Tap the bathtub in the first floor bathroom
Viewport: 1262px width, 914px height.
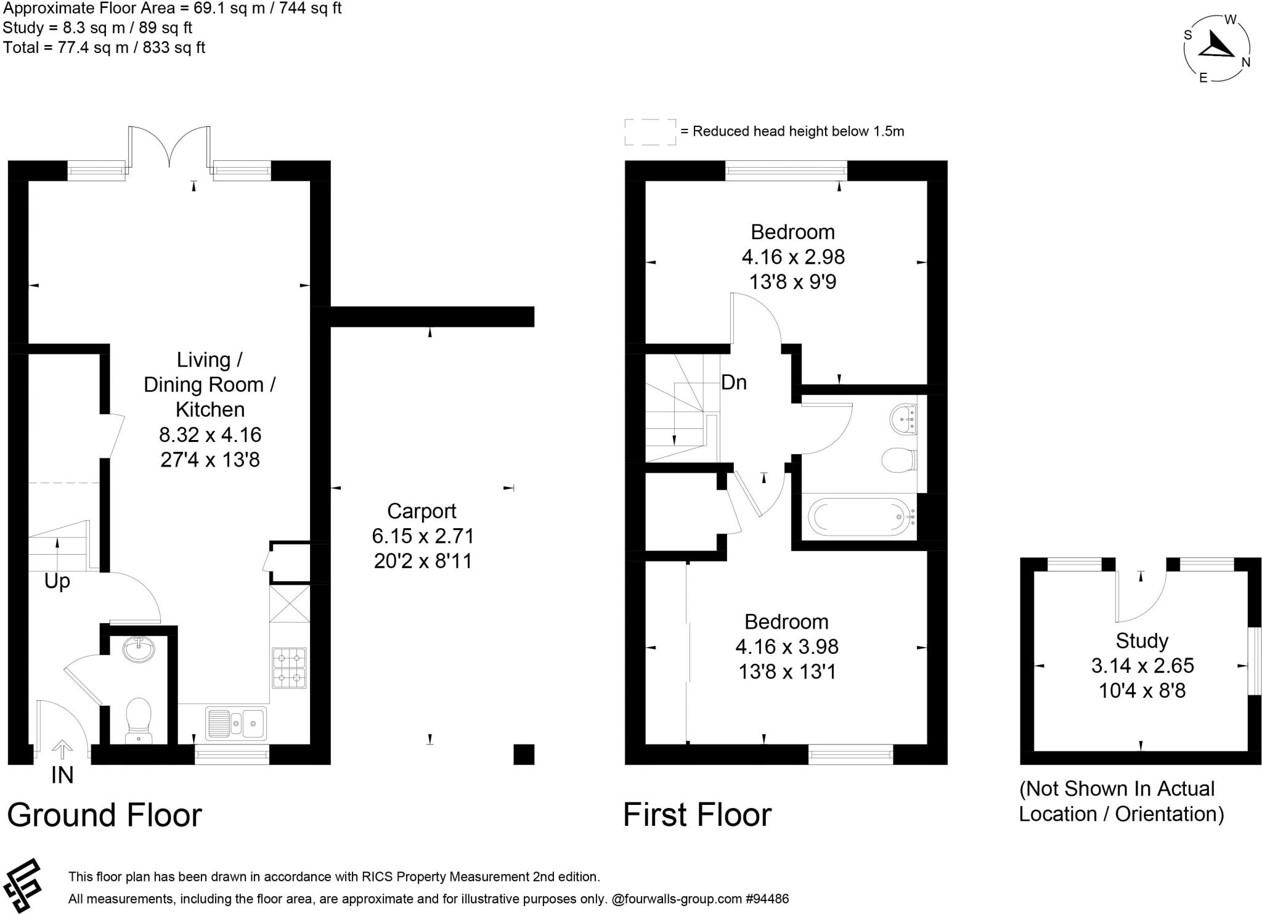860,517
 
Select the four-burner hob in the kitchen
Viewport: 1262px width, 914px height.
289,667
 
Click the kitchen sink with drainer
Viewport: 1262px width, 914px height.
237,723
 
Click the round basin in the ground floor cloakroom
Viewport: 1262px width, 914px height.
139,650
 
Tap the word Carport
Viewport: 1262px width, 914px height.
421,511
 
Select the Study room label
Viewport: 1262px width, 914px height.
1142,641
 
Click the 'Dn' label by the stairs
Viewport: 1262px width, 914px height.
734,383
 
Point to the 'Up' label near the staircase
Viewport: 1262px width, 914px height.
57,581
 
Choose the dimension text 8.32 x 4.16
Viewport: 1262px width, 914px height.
210,435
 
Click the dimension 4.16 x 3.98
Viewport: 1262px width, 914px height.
787,647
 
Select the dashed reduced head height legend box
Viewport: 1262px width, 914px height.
650,132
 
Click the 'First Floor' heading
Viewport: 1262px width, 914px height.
697,815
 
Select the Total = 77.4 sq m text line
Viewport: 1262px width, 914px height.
104,47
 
